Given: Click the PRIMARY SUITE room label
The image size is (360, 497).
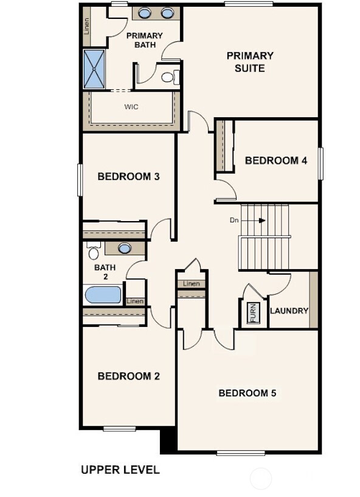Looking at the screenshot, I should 250,62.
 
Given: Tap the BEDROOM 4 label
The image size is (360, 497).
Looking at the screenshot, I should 275,160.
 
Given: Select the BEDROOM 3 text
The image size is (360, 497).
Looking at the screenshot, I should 128,177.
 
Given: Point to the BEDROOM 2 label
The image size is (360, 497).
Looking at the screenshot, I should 128,376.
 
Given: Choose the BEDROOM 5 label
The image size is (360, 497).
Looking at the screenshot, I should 247,393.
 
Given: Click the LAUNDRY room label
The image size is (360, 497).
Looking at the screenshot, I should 289,310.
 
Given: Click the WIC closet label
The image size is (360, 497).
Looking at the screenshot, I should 131,107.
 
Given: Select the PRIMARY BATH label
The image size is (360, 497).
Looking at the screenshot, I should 145,40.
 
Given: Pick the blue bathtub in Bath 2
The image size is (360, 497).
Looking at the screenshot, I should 103,295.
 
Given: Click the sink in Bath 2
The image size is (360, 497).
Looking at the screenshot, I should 125,248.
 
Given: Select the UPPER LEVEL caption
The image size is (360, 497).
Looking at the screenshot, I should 120,470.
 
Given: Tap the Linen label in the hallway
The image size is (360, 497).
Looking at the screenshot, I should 191,284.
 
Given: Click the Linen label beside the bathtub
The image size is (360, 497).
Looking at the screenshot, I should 135,301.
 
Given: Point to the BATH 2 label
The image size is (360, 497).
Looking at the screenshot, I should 105,272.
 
